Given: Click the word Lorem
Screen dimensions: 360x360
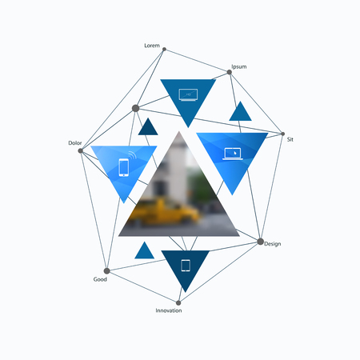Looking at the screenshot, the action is coord(152,46).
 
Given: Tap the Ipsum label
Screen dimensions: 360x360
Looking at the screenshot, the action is coord(239,66).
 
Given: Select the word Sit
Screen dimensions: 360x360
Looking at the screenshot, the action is coord(290,139).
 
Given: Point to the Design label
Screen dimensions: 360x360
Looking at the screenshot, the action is coord(273,244).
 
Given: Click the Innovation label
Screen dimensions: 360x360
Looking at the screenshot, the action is coord(169,310).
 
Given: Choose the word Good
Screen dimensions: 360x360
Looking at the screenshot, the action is coord(100,279).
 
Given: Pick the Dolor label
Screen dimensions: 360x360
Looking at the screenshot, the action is coord(75,143).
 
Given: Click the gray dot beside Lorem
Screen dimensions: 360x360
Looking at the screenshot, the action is coord(164,50).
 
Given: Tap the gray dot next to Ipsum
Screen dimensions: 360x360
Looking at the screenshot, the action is coord(230,72).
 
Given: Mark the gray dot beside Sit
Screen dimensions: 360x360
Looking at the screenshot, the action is coord(283,134).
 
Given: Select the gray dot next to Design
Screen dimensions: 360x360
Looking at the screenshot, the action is coord(261,242).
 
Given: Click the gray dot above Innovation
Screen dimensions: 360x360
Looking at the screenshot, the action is coord(178,302).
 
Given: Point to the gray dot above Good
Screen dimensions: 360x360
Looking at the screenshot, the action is coord(106,271).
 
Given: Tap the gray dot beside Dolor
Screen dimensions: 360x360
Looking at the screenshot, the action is coord(81,151).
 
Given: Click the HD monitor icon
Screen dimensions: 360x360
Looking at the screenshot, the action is coord(188,95).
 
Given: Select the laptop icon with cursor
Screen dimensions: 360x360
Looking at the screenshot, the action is coord(233,154).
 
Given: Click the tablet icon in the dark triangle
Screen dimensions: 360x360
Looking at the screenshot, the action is coord(186,266).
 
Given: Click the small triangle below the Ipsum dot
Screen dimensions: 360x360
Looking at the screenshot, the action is coord(240,111).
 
